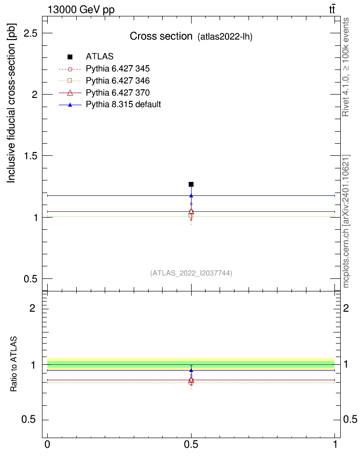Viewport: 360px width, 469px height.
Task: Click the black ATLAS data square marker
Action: [191, 184]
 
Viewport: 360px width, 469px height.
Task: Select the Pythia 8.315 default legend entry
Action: [123, 104]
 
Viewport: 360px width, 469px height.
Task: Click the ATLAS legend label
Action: [99, 56]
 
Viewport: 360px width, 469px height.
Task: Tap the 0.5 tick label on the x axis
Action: [191, 444]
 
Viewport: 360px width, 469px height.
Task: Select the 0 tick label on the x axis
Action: [47, 444]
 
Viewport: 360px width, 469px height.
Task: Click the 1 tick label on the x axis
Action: [335, 444]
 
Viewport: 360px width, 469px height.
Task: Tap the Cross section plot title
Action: [161, 37]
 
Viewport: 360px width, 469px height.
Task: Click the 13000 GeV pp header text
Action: [81, 10]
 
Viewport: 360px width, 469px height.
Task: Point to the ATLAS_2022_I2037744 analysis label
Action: [191, 273]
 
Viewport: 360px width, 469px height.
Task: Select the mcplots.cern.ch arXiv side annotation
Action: [346, 221]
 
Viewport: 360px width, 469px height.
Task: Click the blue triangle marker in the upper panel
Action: [191, 195]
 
